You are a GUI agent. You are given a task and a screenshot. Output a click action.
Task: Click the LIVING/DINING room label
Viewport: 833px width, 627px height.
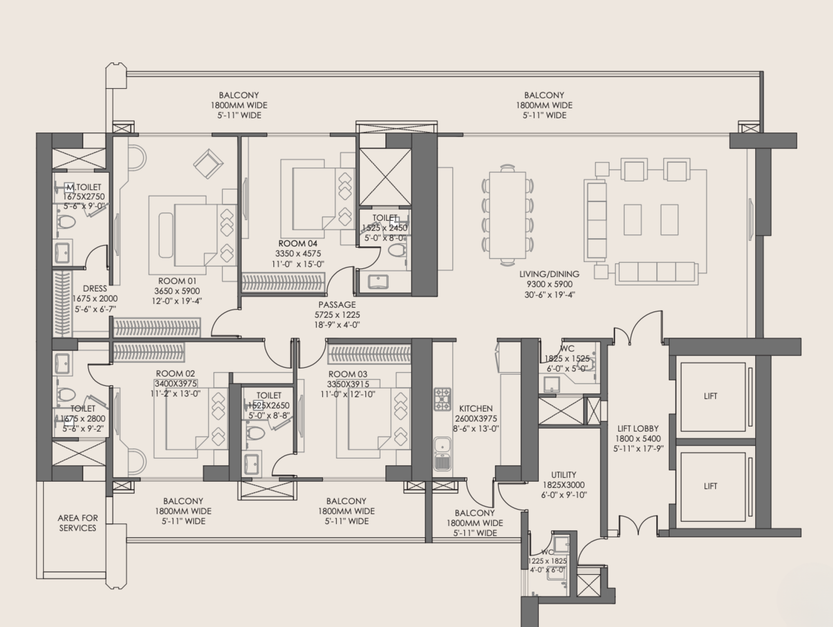coord(549,274)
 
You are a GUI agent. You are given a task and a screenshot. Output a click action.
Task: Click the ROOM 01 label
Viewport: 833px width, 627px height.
coord(177,281)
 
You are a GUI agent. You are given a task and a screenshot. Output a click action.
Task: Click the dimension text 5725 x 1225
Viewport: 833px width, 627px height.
coord(337,315)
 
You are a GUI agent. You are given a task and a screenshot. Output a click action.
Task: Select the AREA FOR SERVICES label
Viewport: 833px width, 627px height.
coord(78,523)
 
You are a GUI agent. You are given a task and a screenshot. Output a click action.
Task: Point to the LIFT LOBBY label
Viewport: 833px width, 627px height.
coord(638,428)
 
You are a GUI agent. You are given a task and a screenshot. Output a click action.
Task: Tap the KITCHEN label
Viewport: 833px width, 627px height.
coord(476,408)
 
